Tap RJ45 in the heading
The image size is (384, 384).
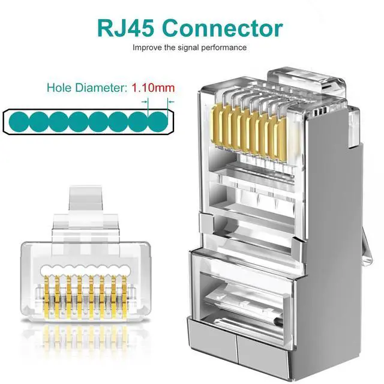pyautogui.click(x=127, y=28)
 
